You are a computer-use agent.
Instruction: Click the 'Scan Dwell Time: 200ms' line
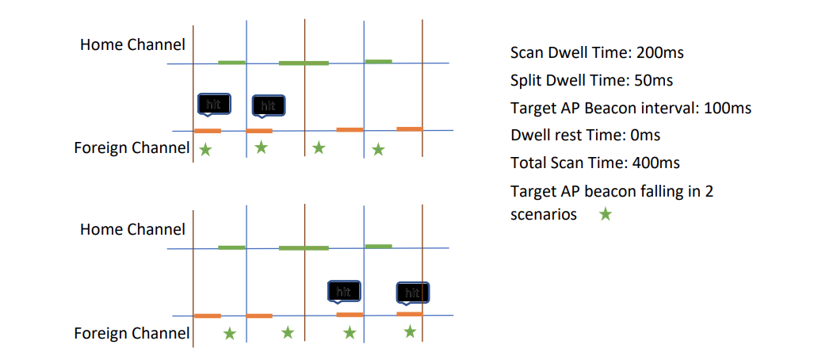[596, 53]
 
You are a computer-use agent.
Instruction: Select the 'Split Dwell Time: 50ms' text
[591, 80]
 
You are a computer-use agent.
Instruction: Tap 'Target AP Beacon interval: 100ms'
[630, 107]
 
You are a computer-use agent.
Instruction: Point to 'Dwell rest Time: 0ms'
[585, 135]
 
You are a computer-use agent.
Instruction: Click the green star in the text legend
[606, 214]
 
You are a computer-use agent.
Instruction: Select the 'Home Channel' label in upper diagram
[132, 44]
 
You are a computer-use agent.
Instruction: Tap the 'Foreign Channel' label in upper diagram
[132, 147]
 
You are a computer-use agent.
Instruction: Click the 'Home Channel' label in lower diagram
[132, 229]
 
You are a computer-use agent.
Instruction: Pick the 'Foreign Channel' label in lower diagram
[132, 333]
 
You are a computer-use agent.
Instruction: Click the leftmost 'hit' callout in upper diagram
[213, 104]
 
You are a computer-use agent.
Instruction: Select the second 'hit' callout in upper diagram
[268, 105]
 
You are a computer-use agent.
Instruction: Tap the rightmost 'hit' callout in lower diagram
[412, 293]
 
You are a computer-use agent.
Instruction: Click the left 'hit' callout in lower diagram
[344, 292]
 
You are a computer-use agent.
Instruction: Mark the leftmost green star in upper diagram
[205, 149]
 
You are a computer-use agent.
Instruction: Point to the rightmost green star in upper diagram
[378, 148]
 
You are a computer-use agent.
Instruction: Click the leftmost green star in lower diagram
[229, 334]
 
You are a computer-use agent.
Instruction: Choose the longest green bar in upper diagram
[304, 63]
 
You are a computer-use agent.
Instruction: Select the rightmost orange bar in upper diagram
[409, 128]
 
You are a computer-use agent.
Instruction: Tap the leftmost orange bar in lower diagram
[208, 316]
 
